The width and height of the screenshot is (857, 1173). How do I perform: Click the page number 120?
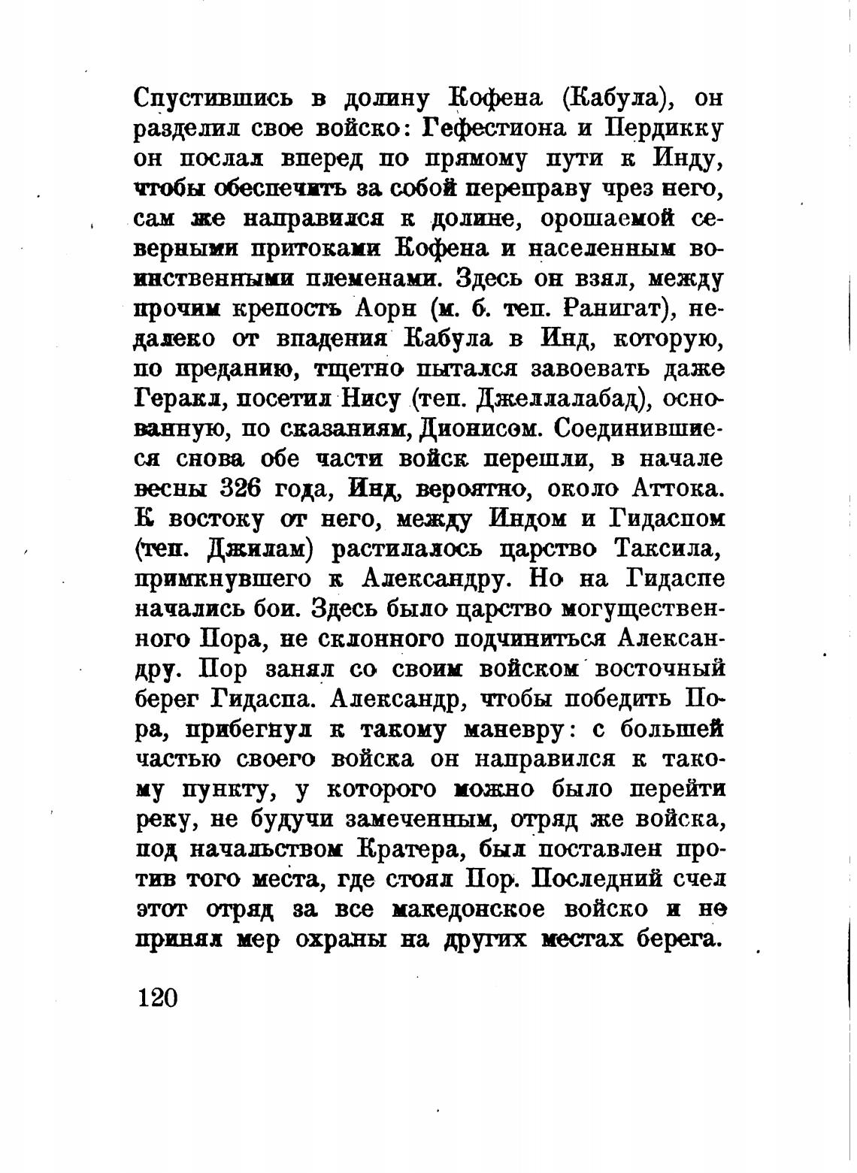156,997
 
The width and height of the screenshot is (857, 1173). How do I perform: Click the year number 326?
240,489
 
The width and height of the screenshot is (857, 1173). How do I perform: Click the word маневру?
509,730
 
